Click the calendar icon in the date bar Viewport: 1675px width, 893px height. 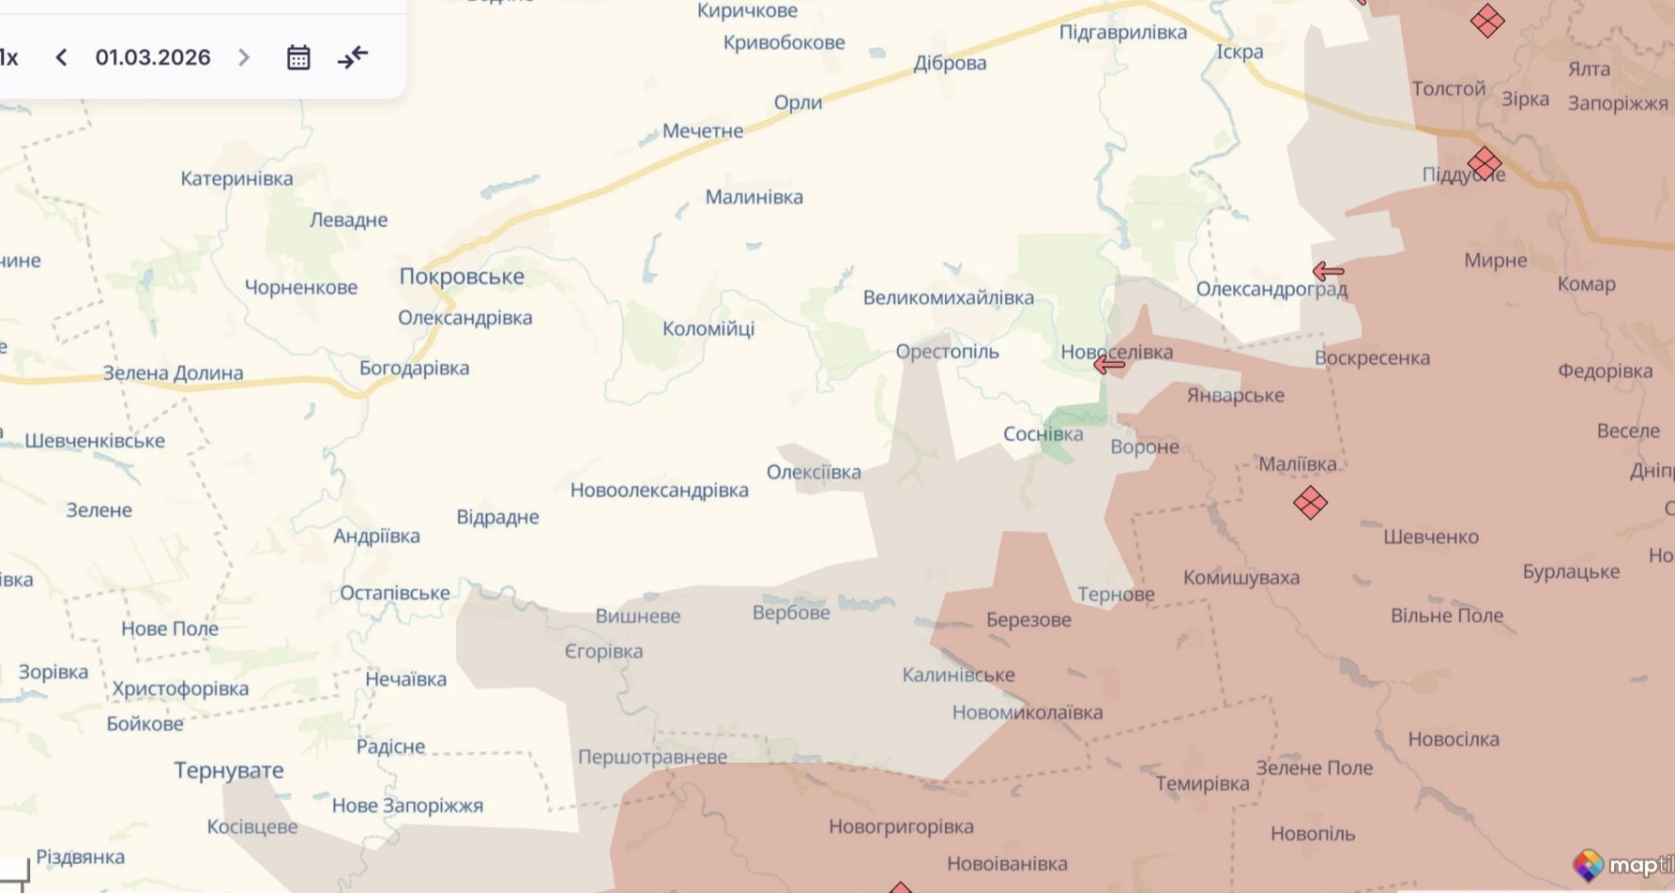[298, 58]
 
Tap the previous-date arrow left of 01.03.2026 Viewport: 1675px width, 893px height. [62, 58]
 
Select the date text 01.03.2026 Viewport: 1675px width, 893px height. [153, 58]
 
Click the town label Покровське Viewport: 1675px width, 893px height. [462, 277]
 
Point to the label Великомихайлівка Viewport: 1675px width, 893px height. [948, 298]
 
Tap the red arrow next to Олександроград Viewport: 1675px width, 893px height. [1328, 272]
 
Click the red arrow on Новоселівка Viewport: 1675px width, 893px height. [1109, 365]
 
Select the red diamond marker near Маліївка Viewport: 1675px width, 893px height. [1310, 503]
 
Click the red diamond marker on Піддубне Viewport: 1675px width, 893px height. [1485, 163]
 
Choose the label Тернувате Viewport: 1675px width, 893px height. [228, 771]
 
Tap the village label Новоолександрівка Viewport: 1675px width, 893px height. [659, 491]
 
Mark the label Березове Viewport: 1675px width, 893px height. [1028, 620]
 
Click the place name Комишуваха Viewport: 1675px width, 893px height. [1241, 578]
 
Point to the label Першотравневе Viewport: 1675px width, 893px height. [652, 757]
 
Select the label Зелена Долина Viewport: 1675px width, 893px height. [173, 373]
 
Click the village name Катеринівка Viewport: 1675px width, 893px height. [236, 179]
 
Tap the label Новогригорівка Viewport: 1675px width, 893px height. [901, 827]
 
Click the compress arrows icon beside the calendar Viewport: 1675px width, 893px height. [353, 58]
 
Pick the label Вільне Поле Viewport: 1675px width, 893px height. [1446, 616]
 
